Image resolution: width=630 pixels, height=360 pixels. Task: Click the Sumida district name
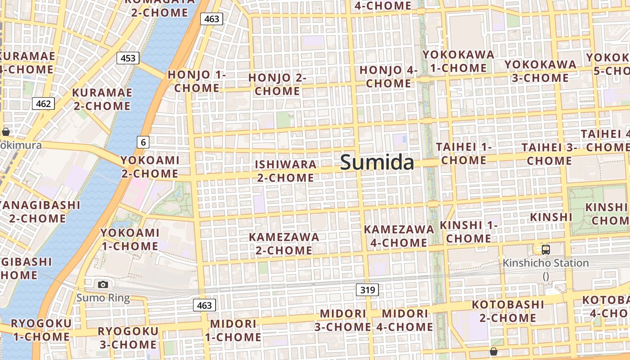pos(377,162)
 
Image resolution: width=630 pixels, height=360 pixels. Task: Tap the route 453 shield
pos(128,58)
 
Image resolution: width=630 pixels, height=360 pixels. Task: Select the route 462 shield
pos(43,103)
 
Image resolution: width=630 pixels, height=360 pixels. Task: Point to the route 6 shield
pos(143,143)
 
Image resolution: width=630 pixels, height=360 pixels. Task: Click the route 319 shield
pos(367,290)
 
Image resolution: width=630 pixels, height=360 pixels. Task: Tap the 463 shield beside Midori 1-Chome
pos(204,306)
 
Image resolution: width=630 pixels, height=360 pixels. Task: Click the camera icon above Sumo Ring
pos(103,284)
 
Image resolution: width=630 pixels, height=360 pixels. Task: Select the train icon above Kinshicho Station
pos(545,249)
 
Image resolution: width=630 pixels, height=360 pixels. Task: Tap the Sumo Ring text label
pos(103,297)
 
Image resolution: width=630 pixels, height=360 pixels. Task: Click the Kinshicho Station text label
pos(545,263)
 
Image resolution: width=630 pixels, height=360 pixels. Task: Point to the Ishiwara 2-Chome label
pos(286,171)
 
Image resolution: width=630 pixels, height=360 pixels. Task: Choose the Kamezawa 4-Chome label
pos(399,236)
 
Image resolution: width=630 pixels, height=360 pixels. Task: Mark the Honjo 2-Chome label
pos(277,84)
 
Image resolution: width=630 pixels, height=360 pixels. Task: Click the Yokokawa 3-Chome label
pos(540,71)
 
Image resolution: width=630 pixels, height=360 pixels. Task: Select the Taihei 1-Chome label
pos(463,153)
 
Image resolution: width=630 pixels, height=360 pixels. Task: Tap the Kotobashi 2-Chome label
pos(508,311)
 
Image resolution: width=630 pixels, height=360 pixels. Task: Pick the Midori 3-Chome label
pos(343,320)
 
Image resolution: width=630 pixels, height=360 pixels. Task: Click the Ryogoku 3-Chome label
pos(128,338)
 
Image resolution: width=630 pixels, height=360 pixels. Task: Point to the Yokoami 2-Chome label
pos(149,166)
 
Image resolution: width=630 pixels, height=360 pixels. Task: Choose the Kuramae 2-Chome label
pos(102,99)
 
